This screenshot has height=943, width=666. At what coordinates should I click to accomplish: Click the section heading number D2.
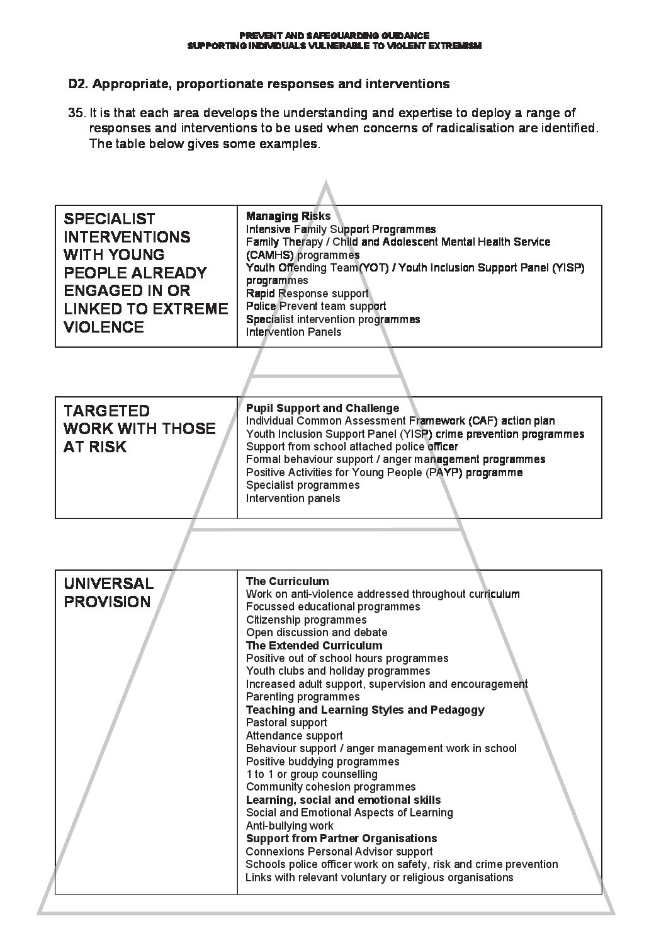pyautogui.click(x=77, y=84)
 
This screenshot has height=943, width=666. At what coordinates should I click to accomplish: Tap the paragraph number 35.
pyautogui.click(x=76, y=113)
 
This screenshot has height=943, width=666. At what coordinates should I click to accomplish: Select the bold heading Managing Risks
pyautogui.click(x=288, y=216)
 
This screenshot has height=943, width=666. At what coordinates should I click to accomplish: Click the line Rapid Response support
pyautogui.click(x=307, y=294)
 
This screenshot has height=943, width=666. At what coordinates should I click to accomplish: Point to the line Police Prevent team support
pyautogui.click(x=316, y=306)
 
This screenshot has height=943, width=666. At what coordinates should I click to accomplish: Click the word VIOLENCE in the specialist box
pyautogui.click(x=104, y=327)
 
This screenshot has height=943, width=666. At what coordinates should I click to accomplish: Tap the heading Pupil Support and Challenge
pyautogui.click(x=322, y=408)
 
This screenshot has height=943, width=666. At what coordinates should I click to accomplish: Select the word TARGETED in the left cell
pyautogui.click(x=107, y=411)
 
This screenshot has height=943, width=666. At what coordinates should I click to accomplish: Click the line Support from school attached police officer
pyautogui.click(x=352, y=447)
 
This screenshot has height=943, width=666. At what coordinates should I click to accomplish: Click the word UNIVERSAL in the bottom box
pyautogui.click(x=109, y=583)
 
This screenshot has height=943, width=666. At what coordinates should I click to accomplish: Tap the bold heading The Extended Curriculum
pyautogui.click(x=314, y=646)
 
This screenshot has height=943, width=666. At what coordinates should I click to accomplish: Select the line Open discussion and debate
pyautogui.click(x=317, y=632)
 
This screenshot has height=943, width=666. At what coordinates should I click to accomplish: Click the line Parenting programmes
pyautogui.click(x=303, y=697)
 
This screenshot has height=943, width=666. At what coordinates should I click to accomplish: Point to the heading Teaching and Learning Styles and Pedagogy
pyautogui.click(x=365, y=710)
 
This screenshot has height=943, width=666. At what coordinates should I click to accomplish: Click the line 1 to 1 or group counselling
pyautogui.click(x=312, y=774)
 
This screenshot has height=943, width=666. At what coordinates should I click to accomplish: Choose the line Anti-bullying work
pyautogui.click(x=290, y=826)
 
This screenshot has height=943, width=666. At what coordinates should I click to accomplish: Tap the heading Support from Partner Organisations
pyautogui.click(x=341, y=838)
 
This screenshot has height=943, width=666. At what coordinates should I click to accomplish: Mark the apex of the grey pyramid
pyautogui.click(x=326, y=182)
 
